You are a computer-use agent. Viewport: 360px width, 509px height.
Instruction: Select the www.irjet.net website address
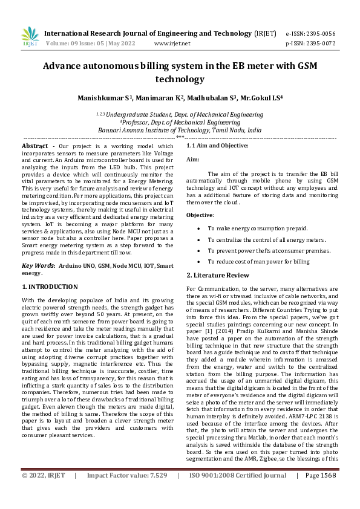click(x=172, y=44)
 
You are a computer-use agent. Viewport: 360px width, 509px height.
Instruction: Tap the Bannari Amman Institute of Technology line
click(x=180, y=129)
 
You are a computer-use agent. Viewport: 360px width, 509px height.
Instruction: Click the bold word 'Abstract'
click(x=35, y=146)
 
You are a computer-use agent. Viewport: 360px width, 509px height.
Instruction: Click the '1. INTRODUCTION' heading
click(x=50, y=287)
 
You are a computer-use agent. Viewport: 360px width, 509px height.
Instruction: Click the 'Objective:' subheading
click(x=200, y=215)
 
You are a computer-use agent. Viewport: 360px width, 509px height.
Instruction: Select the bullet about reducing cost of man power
click(x=258, y=261)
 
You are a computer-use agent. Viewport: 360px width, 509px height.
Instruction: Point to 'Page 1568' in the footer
click(x=320, y=492)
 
